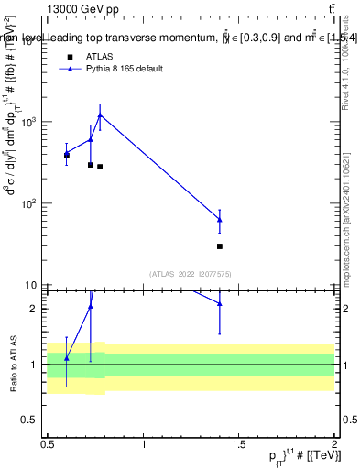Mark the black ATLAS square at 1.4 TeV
(220, 246)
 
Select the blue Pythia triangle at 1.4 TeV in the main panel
(220, 220)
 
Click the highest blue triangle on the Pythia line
(99, 115)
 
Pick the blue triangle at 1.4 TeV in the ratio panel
(220, 304)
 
